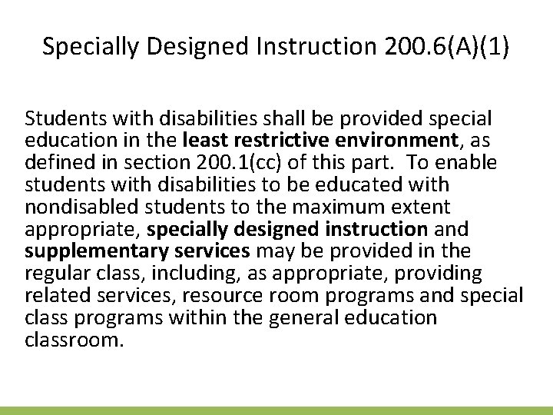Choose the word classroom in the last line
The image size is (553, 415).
(74, 340)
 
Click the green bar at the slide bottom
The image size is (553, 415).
(276, 410)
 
